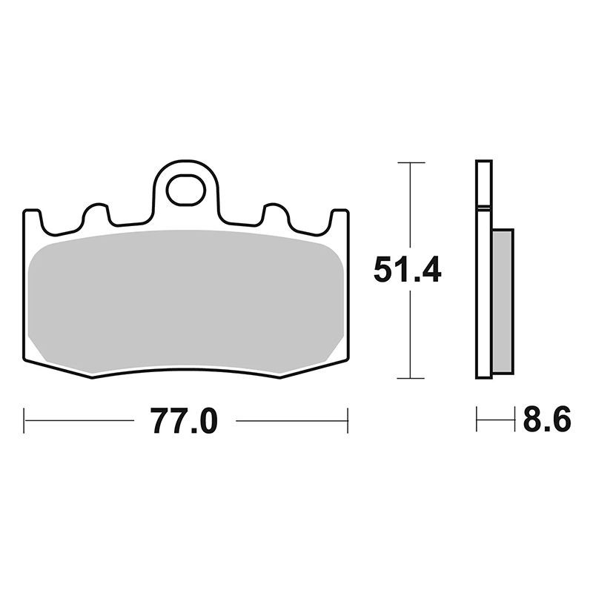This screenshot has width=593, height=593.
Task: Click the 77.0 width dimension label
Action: (x=184, y=421)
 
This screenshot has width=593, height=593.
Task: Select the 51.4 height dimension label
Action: (x=407, y=269)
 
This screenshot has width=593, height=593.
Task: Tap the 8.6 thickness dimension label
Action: (x=547, y=419)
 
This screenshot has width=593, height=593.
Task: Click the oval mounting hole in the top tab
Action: (x=186, y=191)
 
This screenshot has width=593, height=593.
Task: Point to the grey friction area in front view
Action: (x=186, y=301)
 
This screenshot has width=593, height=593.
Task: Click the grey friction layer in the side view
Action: (x=503, y=302)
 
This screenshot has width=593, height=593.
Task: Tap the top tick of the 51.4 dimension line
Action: (x=411, y=162)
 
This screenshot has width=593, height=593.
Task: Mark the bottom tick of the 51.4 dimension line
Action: (x=411, y=378)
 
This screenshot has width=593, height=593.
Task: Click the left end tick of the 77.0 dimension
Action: (x=24, y=420)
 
